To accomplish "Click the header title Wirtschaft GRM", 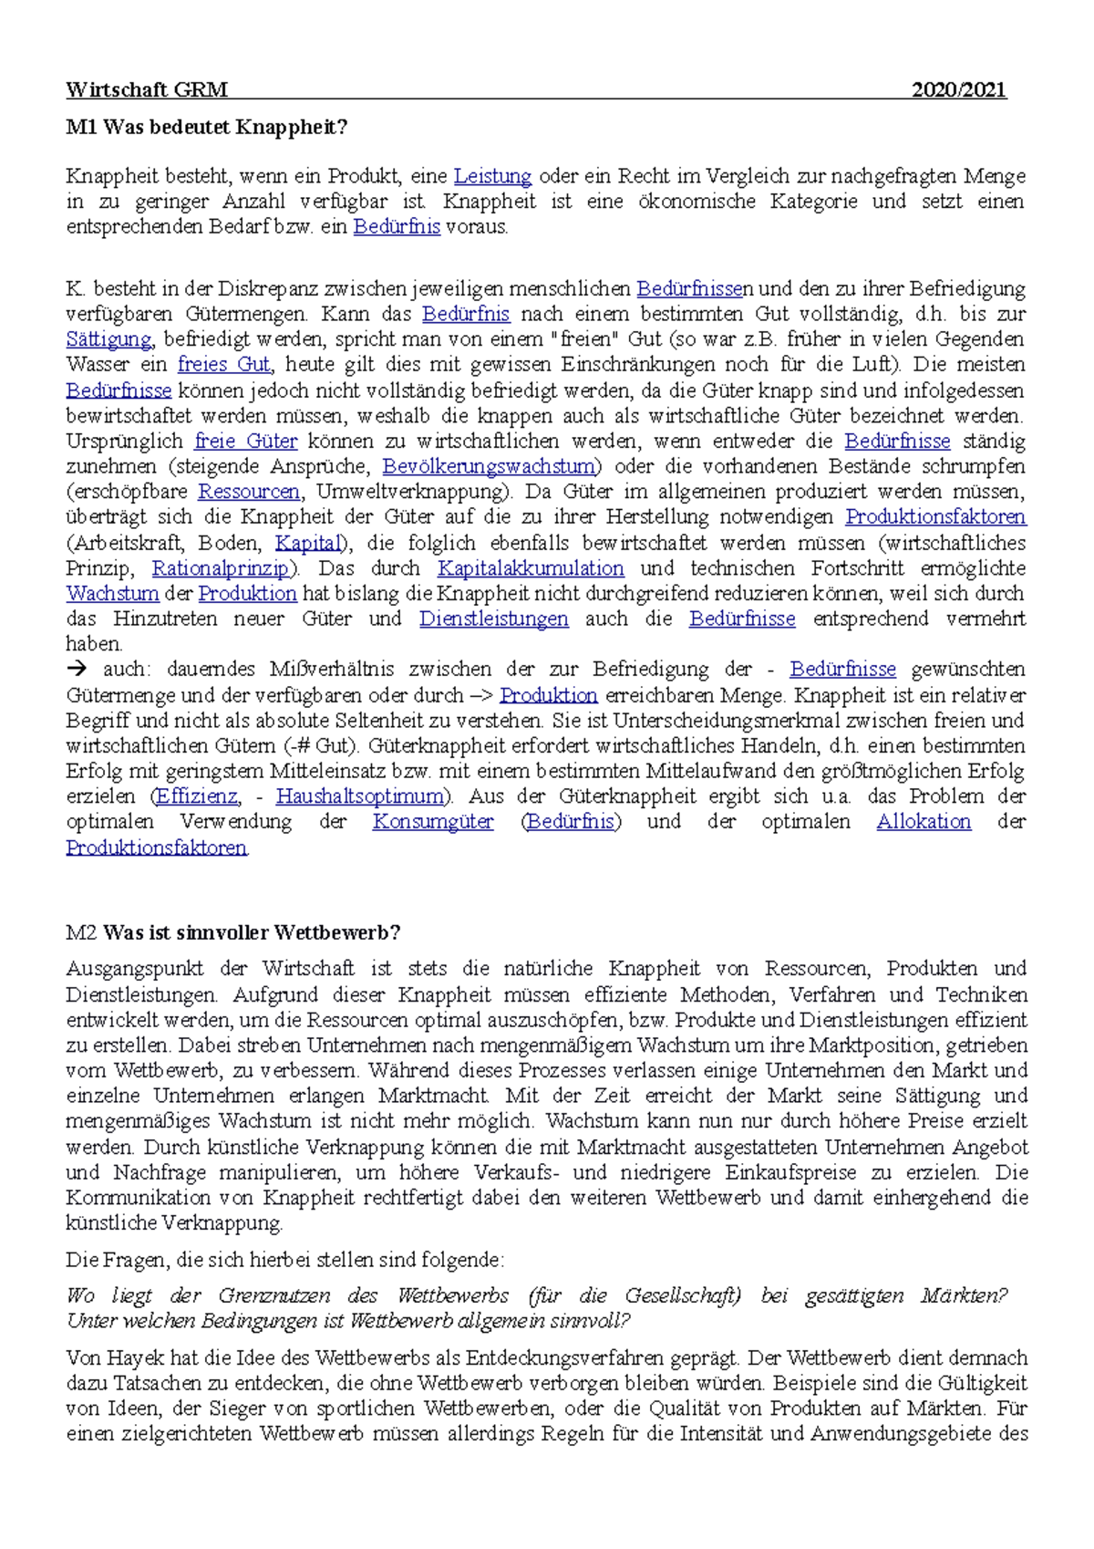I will pos(147,89).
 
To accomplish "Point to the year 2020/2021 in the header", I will pos(959,89).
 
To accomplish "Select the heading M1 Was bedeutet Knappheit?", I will pos(207,127).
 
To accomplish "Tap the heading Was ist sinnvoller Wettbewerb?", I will pos(252,932).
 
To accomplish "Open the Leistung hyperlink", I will pos(492,176).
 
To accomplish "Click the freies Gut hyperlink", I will pos(223,365).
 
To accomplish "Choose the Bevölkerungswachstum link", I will pos(490,466).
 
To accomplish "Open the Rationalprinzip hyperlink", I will pos(221,568).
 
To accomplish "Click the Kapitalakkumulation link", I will pos(531,568).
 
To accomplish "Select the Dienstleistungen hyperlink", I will pos(493,619).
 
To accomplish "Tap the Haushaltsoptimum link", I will pos(360,796).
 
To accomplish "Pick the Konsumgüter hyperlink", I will pos(433,822).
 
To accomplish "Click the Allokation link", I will pos(924,822).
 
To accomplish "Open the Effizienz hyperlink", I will pos(196,796).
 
